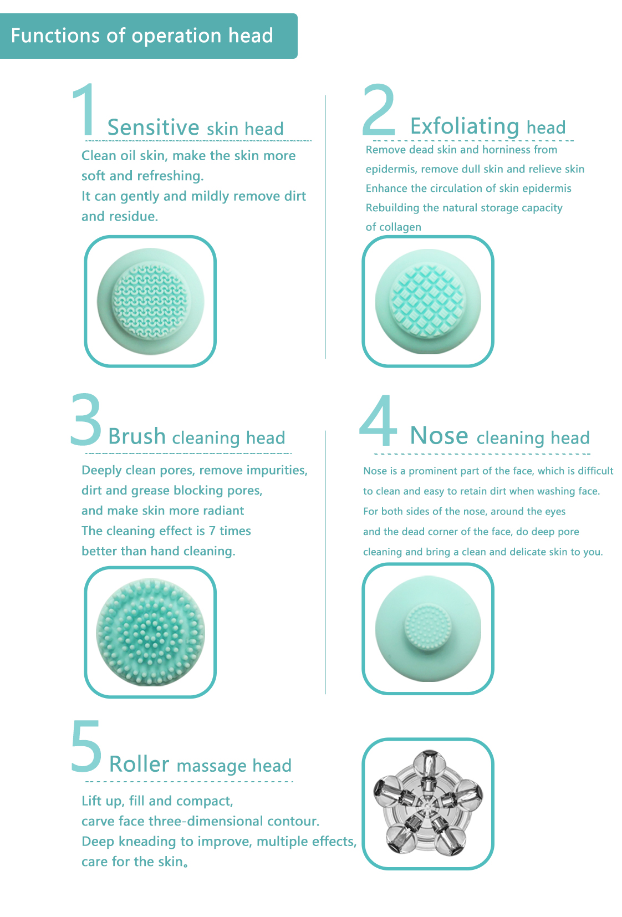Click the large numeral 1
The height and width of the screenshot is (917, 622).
click(84, 110)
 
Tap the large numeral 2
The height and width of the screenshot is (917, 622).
click(379, 109)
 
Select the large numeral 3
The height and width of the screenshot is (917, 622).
click(86, 419)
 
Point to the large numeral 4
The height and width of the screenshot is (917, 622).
click(378, 420)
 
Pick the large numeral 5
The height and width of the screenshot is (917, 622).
click(86, 746)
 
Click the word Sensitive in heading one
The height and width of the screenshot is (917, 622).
click(153, 128)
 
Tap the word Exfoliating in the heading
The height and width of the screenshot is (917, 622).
click(465, 126)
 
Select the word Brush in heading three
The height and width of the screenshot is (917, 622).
click(137, 436)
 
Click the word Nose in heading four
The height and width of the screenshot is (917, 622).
click(439, 435)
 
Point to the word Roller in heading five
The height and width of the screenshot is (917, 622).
click(139, 764)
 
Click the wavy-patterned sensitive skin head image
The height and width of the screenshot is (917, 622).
click(151, 301)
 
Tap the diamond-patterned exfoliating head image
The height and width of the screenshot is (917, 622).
click(428, 301)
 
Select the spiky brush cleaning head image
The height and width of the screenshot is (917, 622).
click(151, 632)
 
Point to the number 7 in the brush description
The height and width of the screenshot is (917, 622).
click(212, 531)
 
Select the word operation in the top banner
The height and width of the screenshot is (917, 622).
click(177, 37)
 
